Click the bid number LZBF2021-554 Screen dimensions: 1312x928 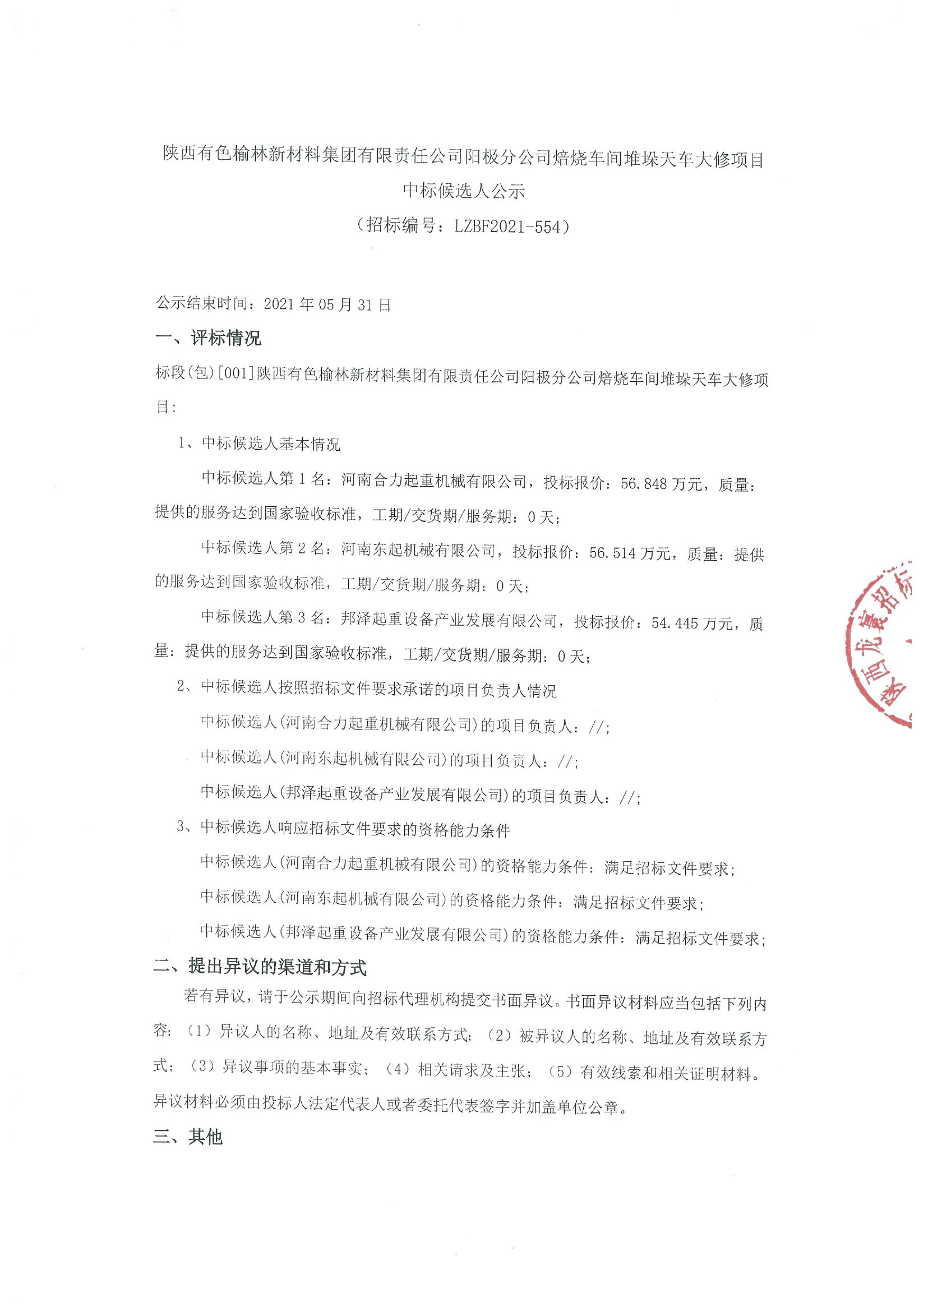(508, 227)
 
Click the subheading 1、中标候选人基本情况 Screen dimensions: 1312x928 (259, 444)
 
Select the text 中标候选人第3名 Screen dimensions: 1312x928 (263, 617)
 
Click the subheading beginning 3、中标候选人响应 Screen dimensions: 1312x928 (343, 829)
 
